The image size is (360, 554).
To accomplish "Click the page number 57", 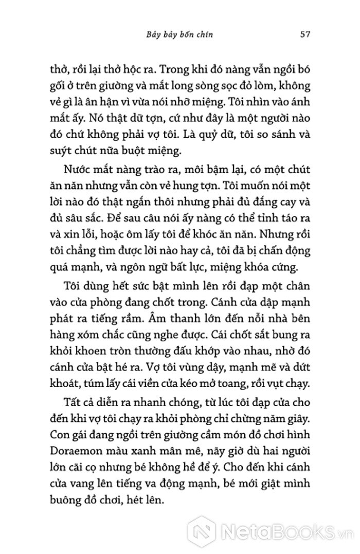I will point(303,35).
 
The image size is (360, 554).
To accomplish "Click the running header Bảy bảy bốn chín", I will point(181,35).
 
